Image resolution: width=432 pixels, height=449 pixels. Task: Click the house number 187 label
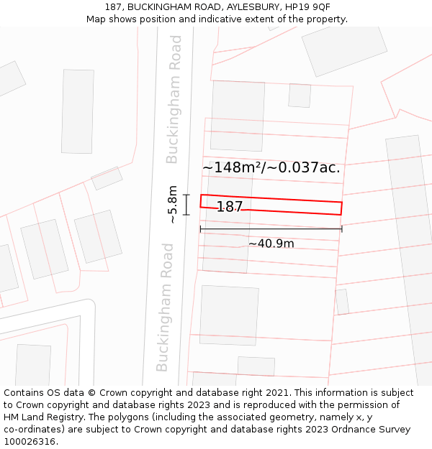click(x=230, y=207)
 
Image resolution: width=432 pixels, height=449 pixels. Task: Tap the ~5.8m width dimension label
click(x=173, y=205)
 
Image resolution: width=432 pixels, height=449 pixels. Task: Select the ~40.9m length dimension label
click(x=271, y=244)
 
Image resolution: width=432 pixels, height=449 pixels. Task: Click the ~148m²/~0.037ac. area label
click(x=271, y=167)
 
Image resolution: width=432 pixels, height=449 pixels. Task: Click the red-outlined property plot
click(x=302, y=205)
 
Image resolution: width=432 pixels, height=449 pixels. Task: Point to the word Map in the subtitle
click(x=97, y=19)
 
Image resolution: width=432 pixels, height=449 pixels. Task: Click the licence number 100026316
click(x=30, y=441)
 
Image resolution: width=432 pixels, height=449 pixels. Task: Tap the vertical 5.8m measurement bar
click(x=186, y=205)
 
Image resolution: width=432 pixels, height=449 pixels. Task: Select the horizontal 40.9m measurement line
click(x=271, y=229)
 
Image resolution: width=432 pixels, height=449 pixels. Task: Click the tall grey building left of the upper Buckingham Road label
click(x=77, y=111)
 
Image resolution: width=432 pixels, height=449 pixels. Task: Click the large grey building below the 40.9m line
click(x=229, y=315)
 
